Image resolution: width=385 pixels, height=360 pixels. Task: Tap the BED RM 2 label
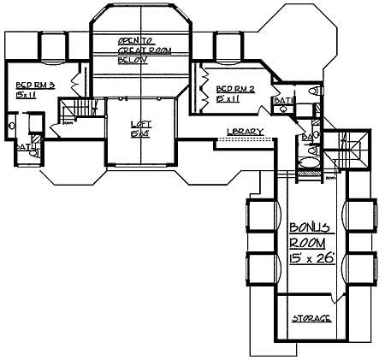pyautogui.click(x=232, y=89)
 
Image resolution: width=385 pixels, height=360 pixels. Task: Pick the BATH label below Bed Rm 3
pyautogui.click(x=23, y=146)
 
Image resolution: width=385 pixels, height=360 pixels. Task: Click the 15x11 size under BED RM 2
pyautogui.click(x=228, y=98)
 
